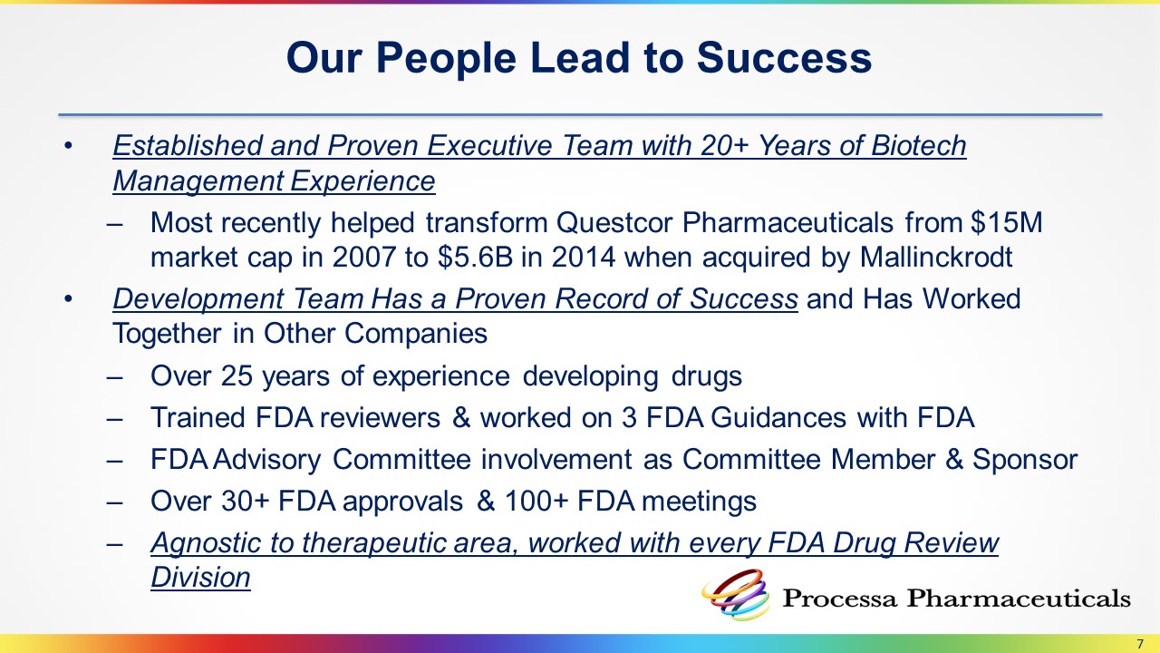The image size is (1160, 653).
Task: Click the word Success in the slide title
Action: tap(784, 57)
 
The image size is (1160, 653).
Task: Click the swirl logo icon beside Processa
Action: tap(736, 595)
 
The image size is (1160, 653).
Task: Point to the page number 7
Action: tap(1140, 644)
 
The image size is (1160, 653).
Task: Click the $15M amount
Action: tap(1007, 222)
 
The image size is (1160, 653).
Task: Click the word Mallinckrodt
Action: tap(936, 257)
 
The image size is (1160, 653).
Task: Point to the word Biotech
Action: tap(919, 145)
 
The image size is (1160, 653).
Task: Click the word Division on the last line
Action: tap(201, 578)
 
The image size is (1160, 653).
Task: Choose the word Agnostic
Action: tap(206, 544)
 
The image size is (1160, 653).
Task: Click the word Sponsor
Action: tap(1025, 460)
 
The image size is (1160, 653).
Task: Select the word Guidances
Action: tap(778, 418)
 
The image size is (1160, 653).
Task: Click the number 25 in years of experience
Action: tap(237, 375)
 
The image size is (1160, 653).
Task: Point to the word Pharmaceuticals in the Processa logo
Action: tap(1018, 598)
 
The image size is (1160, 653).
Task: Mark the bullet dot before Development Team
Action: tap(68, 299)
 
